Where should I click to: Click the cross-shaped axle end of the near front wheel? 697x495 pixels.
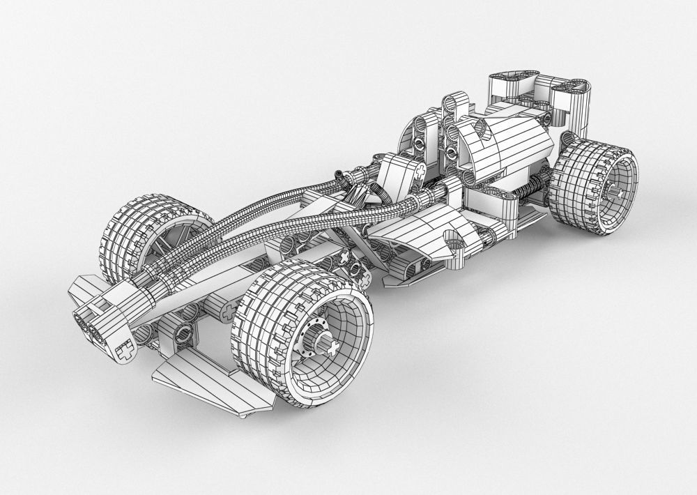tap(332, 346)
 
